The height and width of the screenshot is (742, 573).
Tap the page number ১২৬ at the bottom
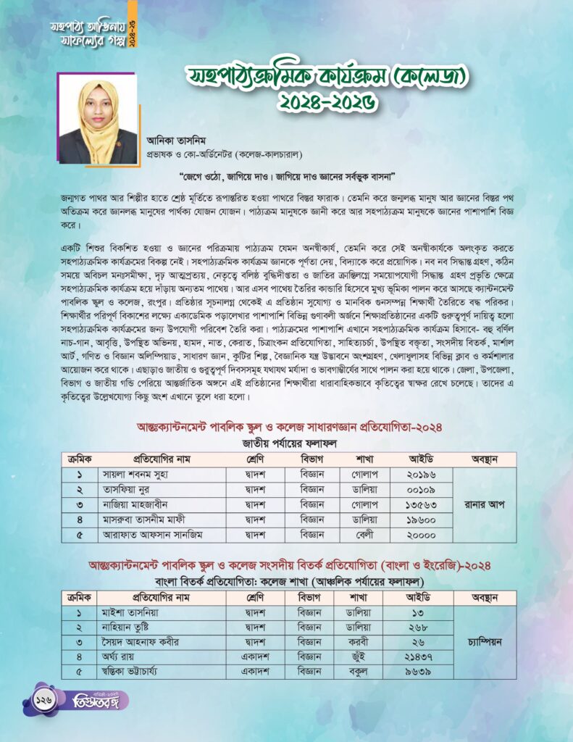(41, 700)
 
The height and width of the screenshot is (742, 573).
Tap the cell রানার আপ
(485, 504)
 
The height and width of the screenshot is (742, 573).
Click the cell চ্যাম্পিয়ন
(485, 641)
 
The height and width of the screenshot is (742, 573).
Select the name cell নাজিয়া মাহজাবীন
(135, 504)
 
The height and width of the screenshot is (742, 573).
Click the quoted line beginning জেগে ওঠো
(285, 176)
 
